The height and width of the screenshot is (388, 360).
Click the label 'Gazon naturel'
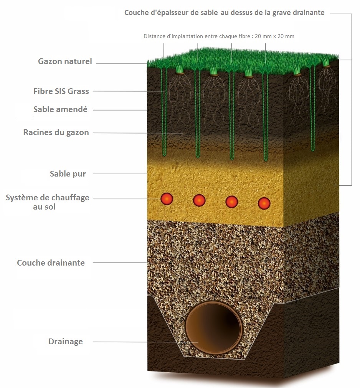coord(65,61)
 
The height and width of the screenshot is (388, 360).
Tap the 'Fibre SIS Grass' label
coord(61,91)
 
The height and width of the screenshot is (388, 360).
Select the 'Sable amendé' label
coord(60,110)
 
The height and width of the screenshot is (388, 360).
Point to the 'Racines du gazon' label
coord(56,133)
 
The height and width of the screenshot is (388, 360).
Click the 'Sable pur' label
coord(68,174)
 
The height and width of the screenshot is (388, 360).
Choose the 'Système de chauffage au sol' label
coord(47,202)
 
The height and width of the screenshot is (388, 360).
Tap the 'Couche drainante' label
coord(51,263)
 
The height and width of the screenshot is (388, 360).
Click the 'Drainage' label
coord(65,342)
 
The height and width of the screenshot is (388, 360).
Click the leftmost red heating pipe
coord(167,199)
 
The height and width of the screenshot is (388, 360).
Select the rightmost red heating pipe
coord(264,203)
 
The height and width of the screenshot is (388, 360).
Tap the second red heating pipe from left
coord(199,200)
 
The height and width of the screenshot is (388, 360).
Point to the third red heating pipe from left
coord(231,201)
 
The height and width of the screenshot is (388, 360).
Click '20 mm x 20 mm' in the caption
coord(274,36)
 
